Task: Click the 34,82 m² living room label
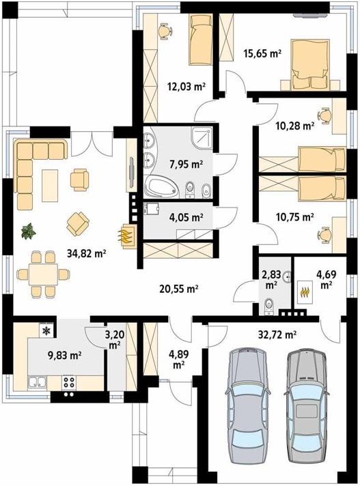click(x=87, y=254)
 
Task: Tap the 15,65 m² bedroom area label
click(x=262, y=53)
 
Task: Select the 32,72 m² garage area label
click(x=277, y=334)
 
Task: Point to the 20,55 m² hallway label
click(x=178, y=289)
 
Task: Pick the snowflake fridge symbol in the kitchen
click(x=46, y=331)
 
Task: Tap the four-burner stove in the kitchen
click(x=68, y=383)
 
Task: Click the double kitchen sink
click(x=37, y=382)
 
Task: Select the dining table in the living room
click(x=43, y=274)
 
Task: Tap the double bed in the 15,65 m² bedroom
click(x=310, y=64)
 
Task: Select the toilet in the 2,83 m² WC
click(x=268, y=306)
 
